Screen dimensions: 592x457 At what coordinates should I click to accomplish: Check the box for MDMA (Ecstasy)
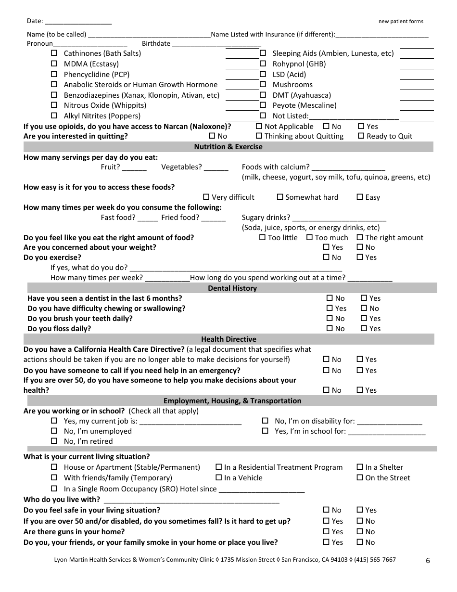click(x=54, y=64)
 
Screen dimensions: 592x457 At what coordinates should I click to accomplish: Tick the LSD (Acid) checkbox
click(x=263, y=74)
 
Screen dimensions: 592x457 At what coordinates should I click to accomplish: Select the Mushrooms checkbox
click(x=263, y=85)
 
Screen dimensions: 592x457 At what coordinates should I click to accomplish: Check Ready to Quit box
click(x=361, y=136)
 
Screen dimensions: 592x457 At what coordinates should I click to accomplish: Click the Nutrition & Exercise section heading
click(x=228, y=147)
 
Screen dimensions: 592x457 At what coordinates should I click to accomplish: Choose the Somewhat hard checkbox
click(x=280, y=197)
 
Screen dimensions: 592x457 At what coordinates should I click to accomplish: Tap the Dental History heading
click(x=232, y=288)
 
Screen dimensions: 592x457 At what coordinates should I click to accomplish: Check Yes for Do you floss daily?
click(x=364, y=328)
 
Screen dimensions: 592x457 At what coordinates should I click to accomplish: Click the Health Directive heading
click(x=228, y=339)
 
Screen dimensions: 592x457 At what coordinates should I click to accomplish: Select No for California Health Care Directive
click(x=326, y=359)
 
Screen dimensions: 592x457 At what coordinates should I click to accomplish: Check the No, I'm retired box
click(x=54, y=441)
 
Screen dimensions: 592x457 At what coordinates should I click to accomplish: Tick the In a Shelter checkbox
click(x=360, y=467)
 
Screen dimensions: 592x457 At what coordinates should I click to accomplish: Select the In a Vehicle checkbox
click(x=219, y=477)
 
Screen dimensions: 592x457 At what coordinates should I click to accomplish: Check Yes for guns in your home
click(x=326, y=531)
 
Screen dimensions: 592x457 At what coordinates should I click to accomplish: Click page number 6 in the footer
click(x=428, y=560)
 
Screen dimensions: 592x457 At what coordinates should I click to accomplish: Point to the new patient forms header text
click(x=401, y=22)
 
